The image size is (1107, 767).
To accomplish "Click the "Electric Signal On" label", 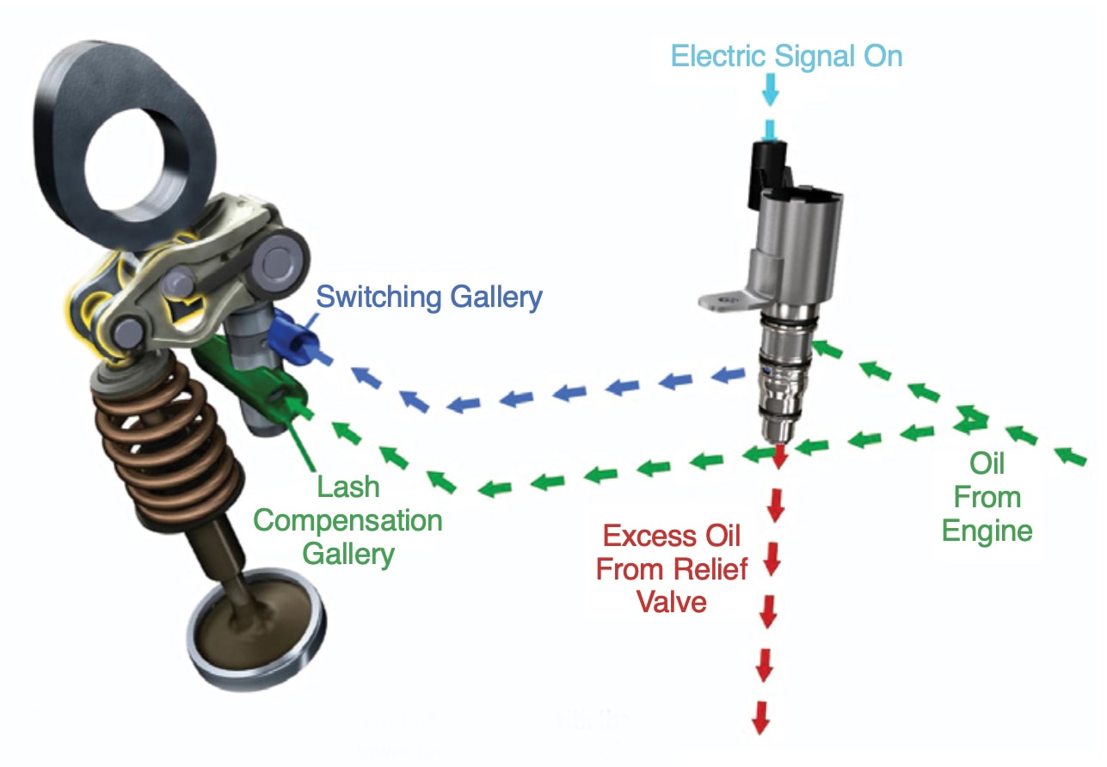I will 786,57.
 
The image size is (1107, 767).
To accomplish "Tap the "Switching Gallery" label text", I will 429,298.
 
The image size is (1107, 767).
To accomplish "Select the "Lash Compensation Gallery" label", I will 347,520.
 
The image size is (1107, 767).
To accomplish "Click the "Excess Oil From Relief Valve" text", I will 672,568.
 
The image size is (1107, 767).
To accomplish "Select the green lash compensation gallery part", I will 249,378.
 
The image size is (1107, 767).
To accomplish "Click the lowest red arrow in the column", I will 761,716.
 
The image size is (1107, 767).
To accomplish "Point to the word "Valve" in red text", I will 672,601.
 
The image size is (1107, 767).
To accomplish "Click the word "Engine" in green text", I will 987,530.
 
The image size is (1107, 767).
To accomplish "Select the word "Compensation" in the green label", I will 347,520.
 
